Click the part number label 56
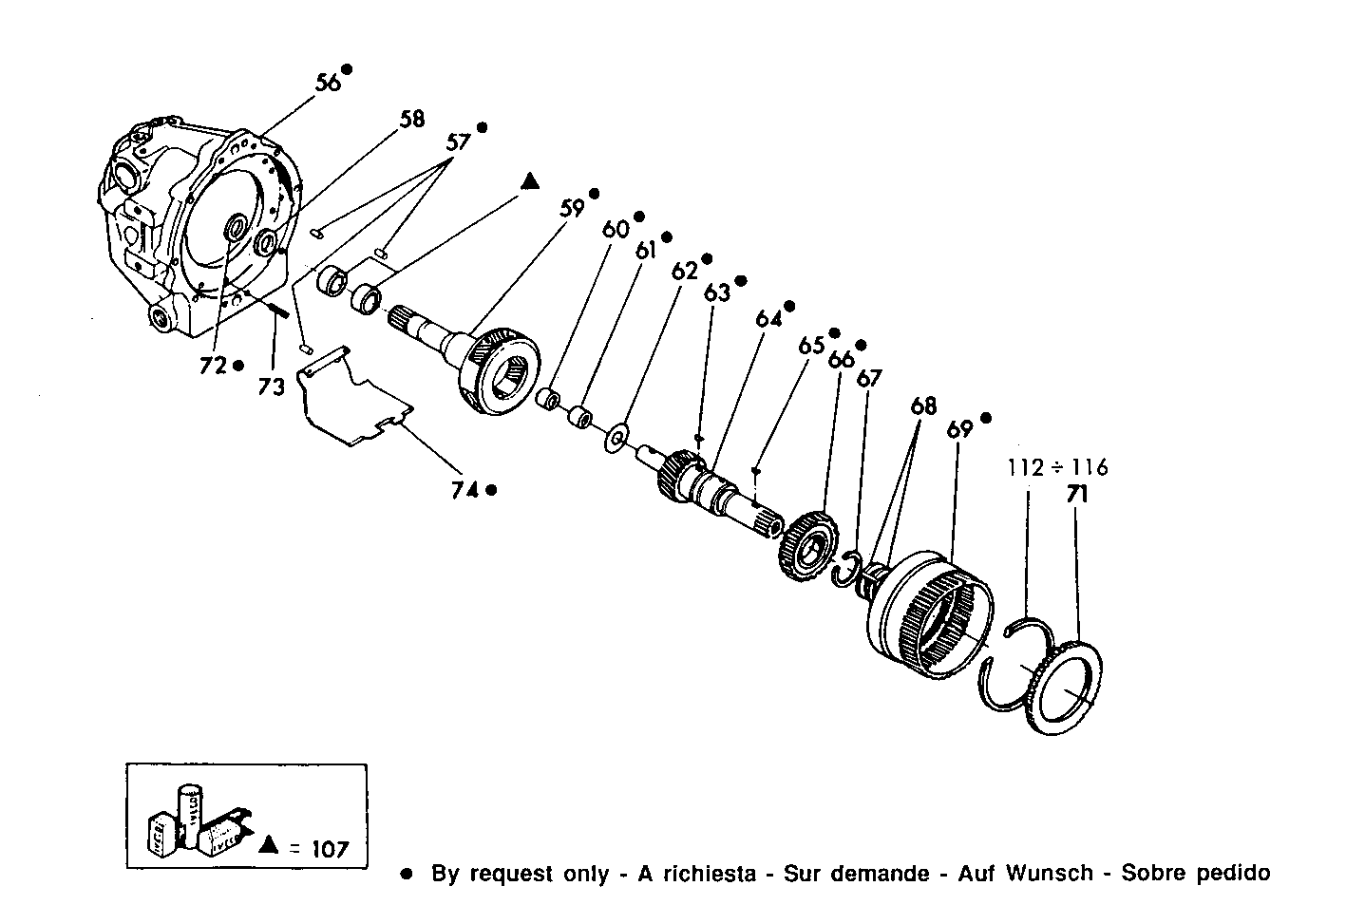[329, 82]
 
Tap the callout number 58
[411, 119]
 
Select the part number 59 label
[571, 207]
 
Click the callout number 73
[272, 387]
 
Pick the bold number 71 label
[1077, 495]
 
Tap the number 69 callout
[959, 429]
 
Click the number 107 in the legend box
[330, 848]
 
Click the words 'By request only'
[520, 873]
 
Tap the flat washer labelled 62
[617, 437]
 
